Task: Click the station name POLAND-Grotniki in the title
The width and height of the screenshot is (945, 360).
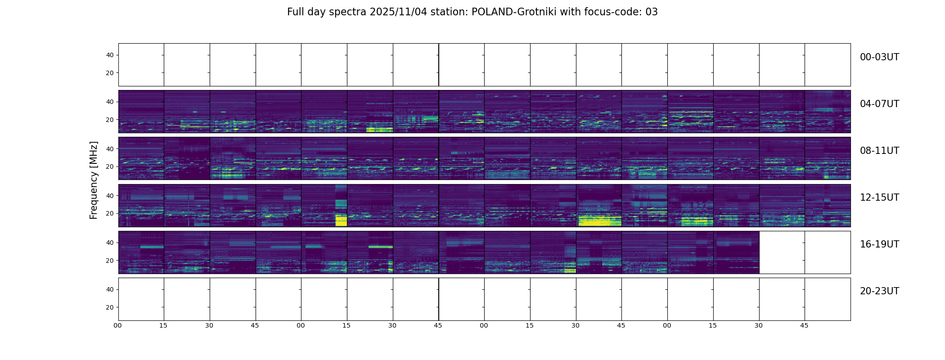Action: click(x=513, y=12)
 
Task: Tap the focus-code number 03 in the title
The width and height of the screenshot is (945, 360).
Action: click(x=652, y=12)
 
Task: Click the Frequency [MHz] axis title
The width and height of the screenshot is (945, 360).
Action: click(x=94, y=180)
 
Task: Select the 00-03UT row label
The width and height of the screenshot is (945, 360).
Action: click(x=879, y=57)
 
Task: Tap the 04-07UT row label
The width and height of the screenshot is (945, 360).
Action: click(x=879, y=104)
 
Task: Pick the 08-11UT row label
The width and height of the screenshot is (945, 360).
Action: click(x=879, y=151)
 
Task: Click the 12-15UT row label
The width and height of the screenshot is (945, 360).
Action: click(x=879, y=198)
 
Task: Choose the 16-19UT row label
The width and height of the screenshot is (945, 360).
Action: click(x=879, y=244)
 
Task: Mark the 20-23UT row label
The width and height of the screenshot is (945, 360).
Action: click(x=879, y=291)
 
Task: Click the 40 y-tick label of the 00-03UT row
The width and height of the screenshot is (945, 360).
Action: click(x=110, y=55)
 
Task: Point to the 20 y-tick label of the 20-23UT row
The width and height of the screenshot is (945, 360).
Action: click(x=110, y=307)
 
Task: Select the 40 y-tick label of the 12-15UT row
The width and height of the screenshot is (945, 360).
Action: click(x=110, y=196)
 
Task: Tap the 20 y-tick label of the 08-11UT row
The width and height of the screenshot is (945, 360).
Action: click(x=110, y=167)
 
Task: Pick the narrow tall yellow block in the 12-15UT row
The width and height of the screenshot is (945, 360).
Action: click(x=341, y=220)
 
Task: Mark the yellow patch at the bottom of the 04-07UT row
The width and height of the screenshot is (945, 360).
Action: click(x=379, y=130)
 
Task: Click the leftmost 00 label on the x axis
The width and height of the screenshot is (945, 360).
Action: click(x=118, y=325)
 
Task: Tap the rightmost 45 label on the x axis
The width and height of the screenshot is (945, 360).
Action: click(x=804, y=325)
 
